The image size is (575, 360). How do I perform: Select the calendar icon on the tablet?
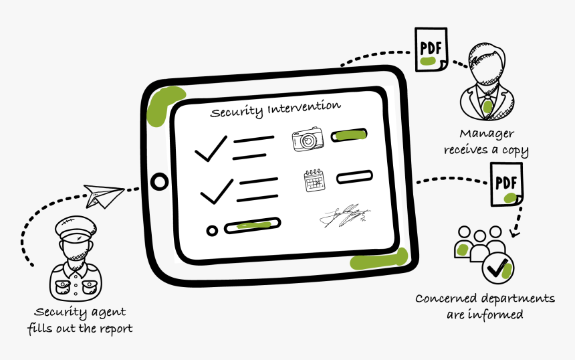314,181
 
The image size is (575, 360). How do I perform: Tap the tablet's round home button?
160,181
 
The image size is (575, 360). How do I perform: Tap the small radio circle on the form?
213,231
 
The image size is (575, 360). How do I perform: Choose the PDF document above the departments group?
506,183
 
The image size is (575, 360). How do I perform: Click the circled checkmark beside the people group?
498,268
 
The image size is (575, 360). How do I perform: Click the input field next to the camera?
350,135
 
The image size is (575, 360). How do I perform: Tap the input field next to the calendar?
354,177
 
